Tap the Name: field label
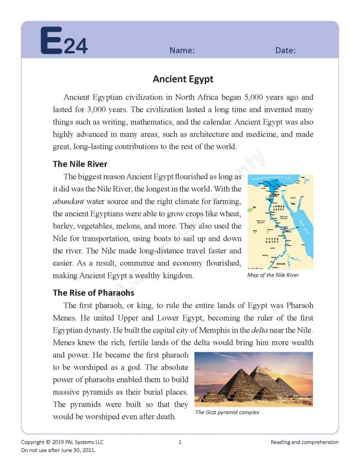[182, 51]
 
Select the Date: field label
[285, 51]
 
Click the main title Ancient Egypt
[183, 79]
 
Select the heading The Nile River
[80, 164]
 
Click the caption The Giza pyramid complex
[227, 412]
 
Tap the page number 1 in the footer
[180, 442]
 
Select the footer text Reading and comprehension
[305, 442]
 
